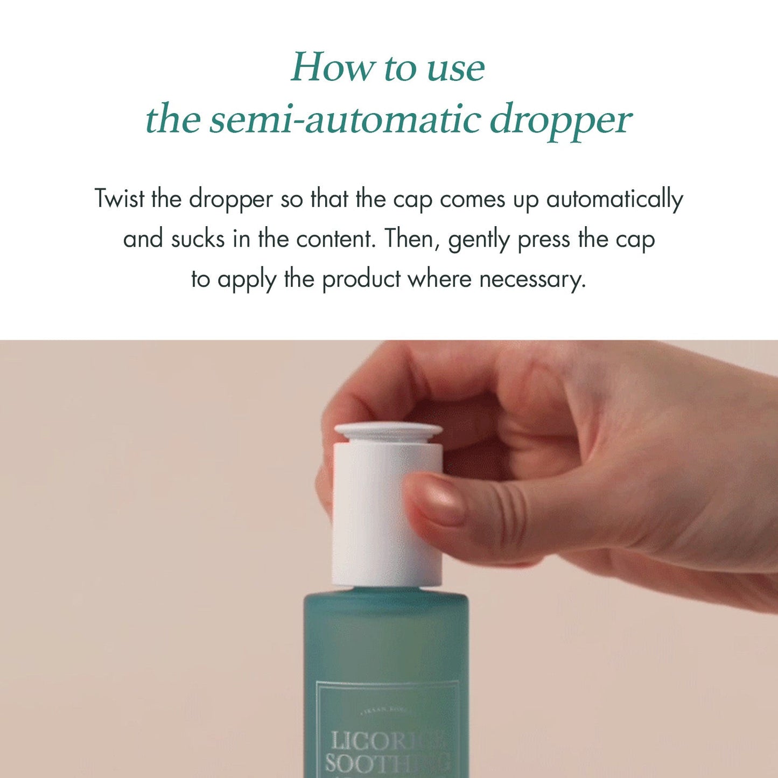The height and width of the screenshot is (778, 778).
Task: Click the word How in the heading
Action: pos(332,68)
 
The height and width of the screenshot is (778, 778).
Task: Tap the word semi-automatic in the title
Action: pos(345,120)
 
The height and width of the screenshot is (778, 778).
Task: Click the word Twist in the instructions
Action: pos(120,199)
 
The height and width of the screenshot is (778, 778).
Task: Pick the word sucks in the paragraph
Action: pos(198,239)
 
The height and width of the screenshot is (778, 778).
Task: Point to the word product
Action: pos(361,279)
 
